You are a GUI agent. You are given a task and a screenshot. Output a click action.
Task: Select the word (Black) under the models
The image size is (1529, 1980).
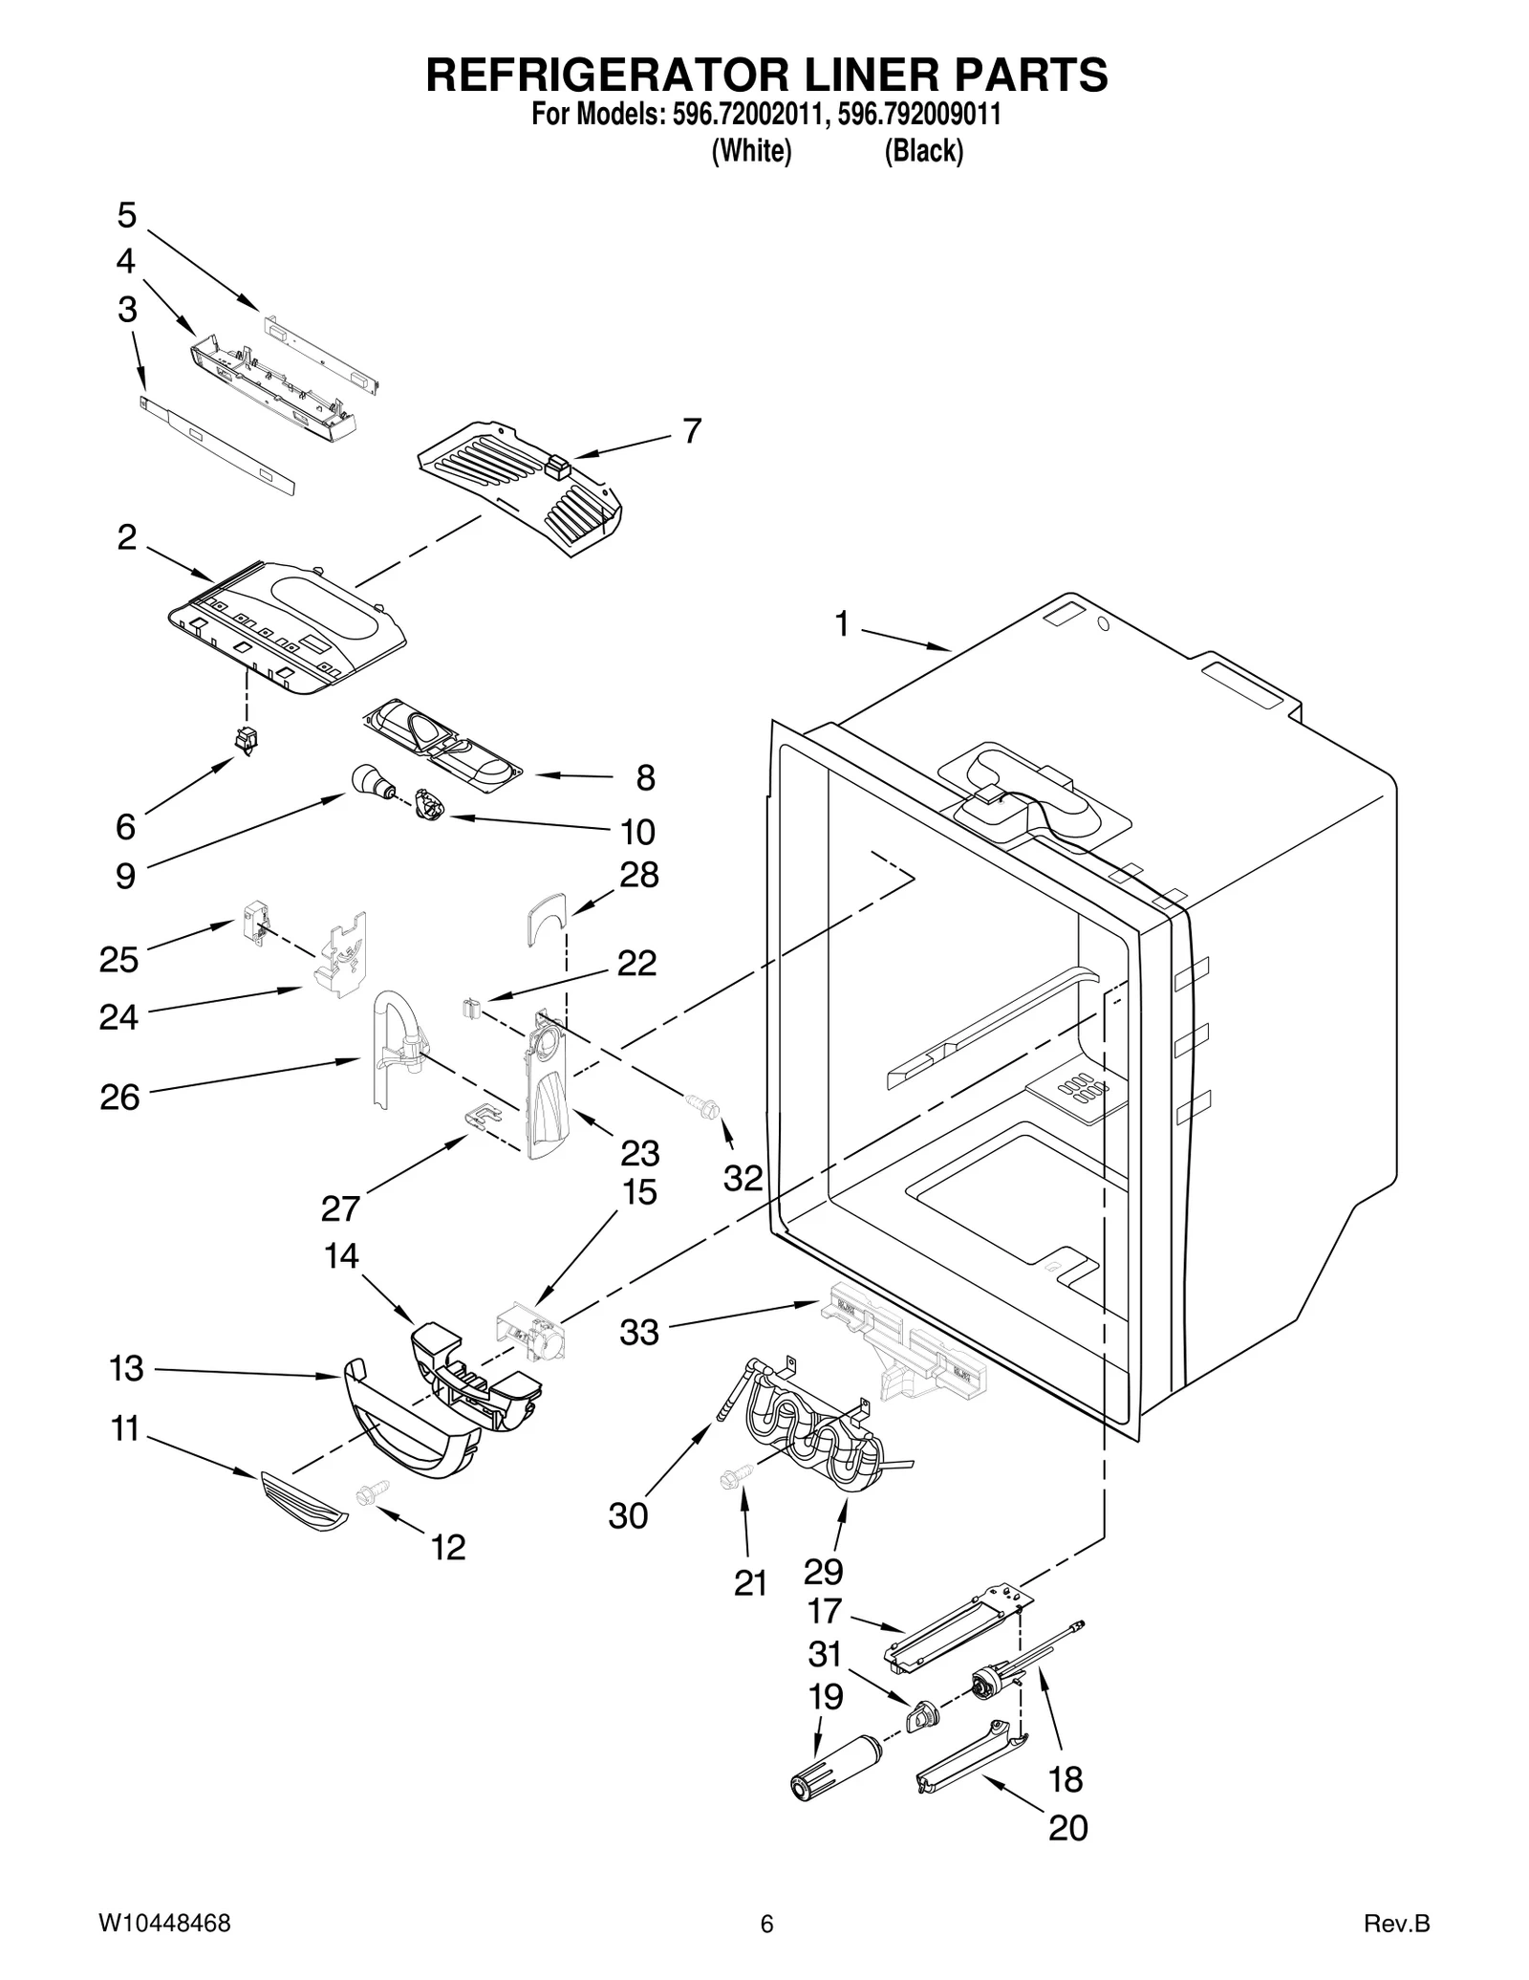point(923,151)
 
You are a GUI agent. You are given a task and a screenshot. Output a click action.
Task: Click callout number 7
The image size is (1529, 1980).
point(692,431)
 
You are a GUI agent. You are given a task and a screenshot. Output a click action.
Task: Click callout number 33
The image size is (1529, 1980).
point(638,1332)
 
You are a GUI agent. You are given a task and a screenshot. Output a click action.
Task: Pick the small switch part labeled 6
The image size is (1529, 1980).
point(248,740)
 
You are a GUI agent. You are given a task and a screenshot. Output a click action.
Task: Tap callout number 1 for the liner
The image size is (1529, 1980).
point(841,624)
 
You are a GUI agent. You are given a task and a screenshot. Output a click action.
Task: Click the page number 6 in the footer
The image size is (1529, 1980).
point(765,1924)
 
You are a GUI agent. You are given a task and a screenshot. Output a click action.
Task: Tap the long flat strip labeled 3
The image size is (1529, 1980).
point(217,446)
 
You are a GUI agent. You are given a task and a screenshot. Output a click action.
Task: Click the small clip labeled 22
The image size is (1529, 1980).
point(469,1008)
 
